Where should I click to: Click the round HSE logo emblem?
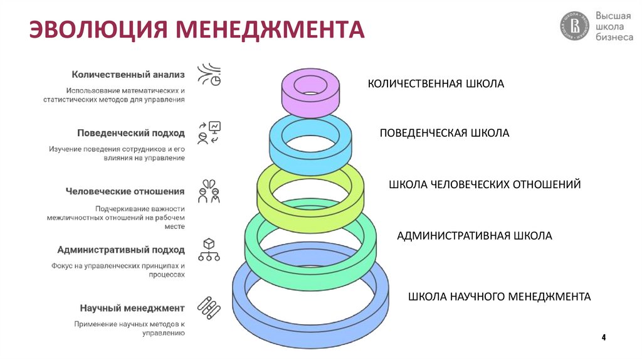tap(574, 27)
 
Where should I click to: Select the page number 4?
tap(604, 338)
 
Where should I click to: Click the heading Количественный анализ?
tap(128, 74)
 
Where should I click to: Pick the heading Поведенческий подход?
tap(131, 133)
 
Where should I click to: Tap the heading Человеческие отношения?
tap(125, 191)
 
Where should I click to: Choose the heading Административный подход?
tap(121, 250)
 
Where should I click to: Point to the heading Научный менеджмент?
tap(132, 308)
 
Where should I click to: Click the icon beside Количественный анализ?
tap(209, 75)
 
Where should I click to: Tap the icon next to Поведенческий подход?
tap(209, 133)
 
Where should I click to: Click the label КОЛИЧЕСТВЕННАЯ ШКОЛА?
tap(436, 83)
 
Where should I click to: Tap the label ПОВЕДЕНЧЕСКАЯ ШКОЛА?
tap(445, 133)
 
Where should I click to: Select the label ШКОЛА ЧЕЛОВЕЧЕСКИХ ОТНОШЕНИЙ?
tap(485, 184)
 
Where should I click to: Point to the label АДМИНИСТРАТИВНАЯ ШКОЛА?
tap(475, 236)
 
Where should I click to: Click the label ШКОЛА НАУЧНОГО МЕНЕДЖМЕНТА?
tap(499, 296)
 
